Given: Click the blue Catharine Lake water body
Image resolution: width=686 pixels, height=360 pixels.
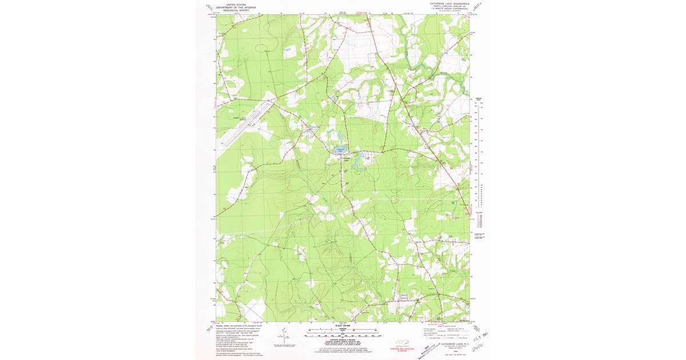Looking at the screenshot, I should click(341, 150).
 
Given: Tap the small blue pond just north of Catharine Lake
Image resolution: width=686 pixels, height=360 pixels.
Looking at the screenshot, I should click(340, 135).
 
